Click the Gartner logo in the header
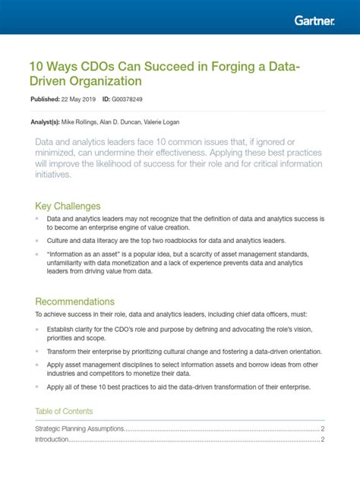click(314, 21)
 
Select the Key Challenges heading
click(68, 206)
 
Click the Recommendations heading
click(74, 301)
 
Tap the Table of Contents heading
click(64, 412)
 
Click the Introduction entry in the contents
click(52, 439)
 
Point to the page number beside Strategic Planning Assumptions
click(322, 429)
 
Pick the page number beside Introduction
click(322, 439)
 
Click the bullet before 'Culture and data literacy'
click(37, 239)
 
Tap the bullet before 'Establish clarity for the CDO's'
click(37, 329)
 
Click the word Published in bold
click(44, 99)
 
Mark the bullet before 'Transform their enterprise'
click(37, 352)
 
